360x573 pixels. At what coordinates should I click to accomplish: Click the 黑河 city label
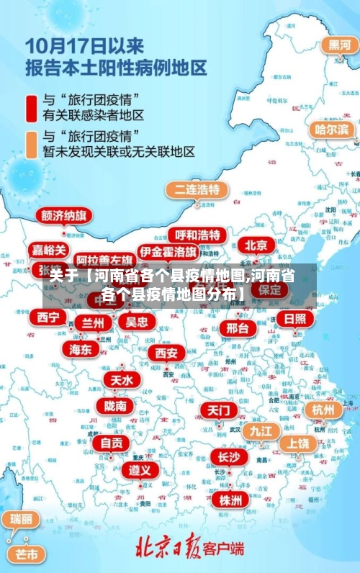339,45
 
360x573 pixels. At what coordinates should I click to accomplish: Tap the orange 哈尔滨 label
332,130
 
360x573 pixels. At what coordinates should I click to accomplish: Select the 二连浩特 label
197,190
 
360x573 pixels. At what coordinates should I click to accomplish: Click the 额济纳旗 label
64,217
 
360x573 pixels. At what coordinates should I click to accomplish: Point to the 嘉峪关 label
50,250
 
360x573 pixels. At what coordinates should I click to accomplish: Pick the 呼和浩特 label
197,235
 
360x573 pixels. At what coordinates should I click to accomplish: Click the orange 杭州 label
323,410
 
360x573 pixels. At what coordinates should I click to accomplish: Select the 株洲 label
231,499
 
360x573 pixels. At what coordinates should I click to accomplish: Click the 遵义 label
140,470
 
